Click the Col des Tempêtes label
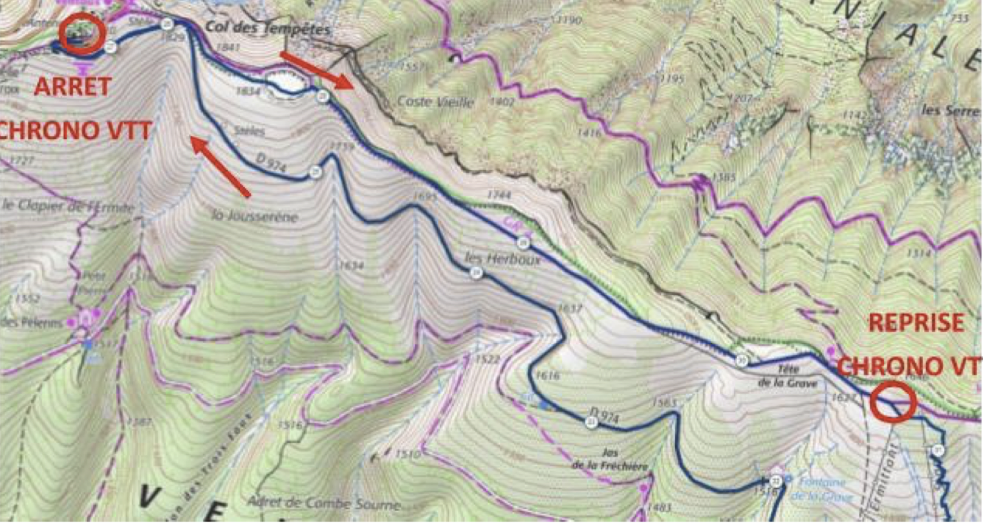click(x=268, y=29)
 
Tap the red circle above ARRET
click(x=82, y=34)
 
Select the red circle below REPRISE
click(x=893, y=402)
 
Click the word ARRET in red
click(x=72, y=87)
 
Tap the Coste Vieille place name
click(x=435, y=102)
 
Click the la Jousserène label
click(x=255, y=216)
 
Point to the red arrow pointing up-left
click(x=220, y=165)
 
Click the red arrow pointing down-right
click(x=316, y=69)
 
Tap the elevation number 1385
click(x=723, y=177)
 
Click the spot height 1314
click(x=918, y=254)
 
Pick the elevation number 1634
click(x=350, y=266)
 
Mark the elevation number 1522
click(x=488, y=360)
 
